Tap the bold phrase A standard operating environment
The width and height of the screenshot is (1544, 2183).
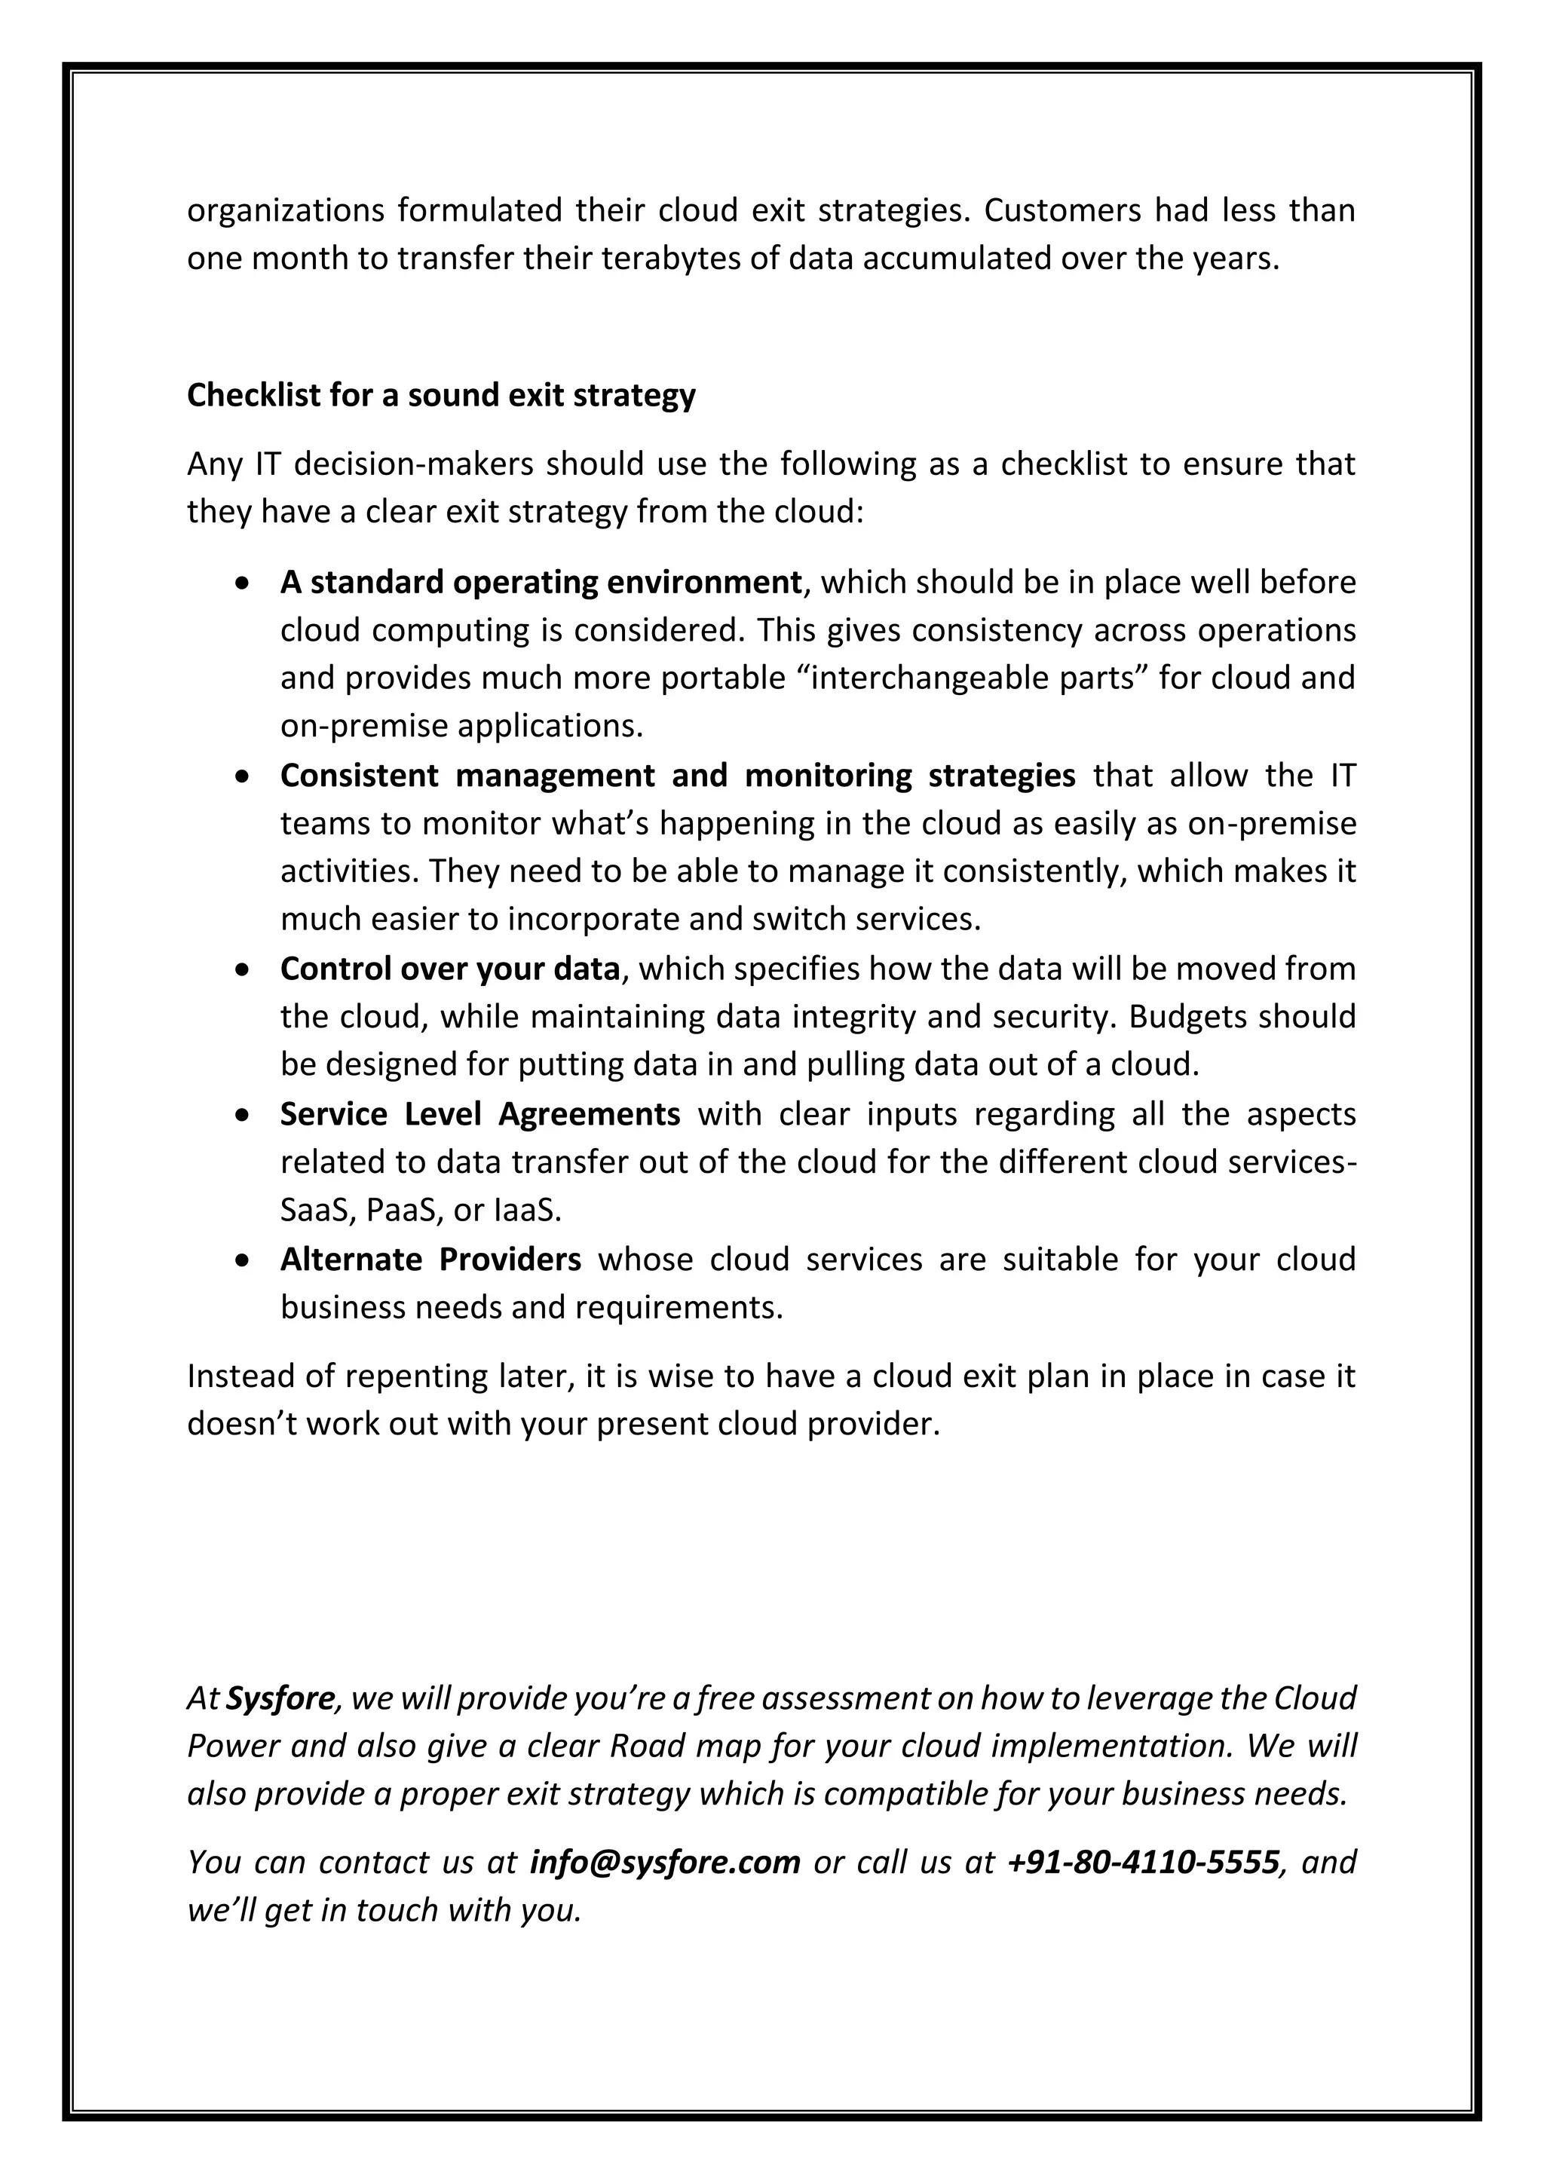coord(541,582)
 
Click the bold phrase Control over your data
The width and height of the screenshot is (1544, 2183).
coord(449,969)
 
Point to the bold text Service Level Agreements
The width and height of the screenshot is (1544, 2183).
coord(480,1113)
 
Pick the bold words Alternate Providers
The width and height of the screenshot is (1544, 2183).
coord(430,1259)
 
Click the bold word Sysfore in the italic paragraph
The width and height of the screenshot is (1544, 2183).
coord(280,1698)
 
